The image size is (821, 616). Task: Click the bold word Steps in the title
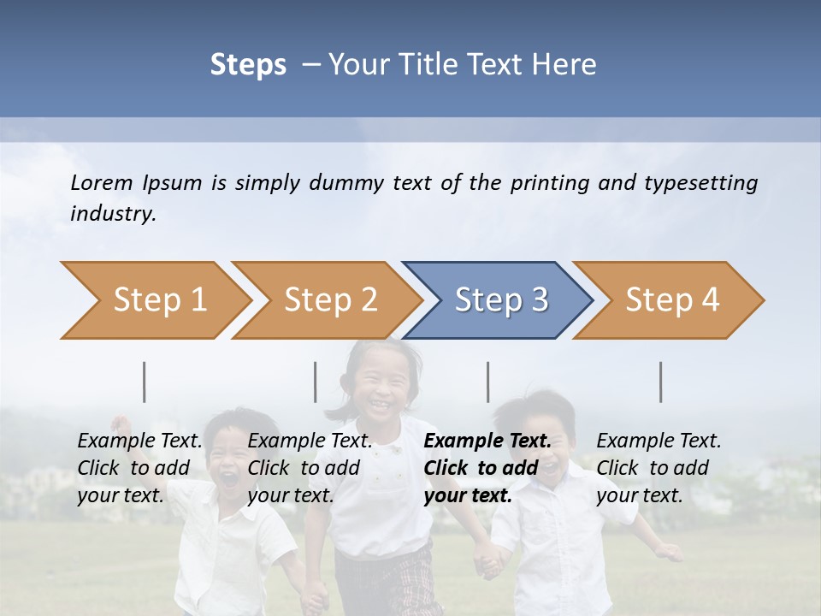(x=248, y=65)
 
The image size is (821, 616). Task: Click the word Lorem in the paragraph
(x=102, y=182)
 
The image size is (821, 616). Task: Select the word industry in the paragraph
(x=112, y=214)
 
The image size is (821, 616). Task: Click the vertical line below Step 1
(x=145, y=382)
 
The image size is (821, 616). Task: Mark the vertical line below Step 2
(x=316, y=382)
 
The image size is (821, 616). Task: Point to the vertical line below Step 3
(x=488, y=382)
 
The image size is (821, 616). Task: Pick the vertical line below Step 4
(x=661, y=382)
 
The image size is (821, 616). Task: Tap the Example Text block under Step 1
(x=139, y=468)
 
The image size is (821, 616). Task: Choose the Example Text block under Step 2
(x=310, y=468)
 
